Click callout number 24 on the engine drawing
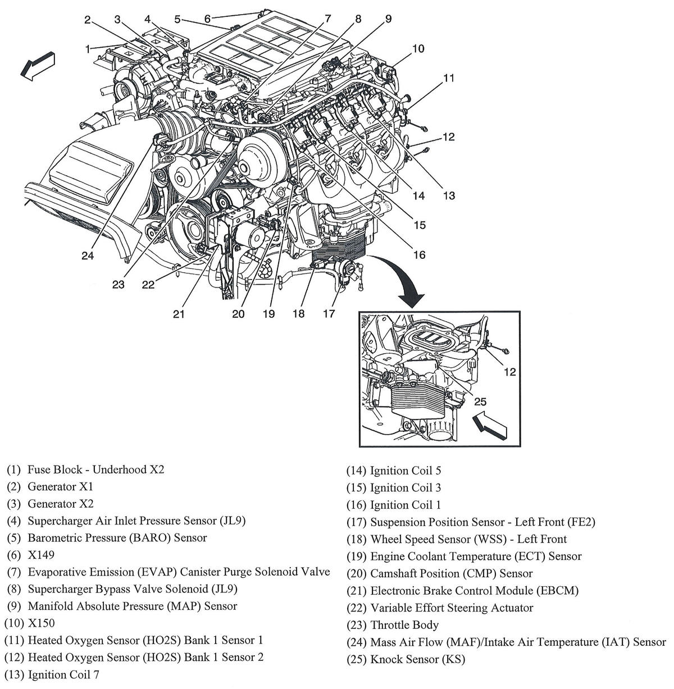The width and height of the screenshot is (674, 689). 87,256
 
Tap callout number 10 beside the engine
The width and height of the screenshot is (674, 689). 418,49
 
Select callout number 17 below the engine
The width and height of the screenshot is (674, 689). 329,313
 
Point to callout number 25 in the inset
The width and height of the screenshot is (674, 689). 481,401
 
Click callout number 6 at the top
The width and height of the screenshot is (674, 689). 207,19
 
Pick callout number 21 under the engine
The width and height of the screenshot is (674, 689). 179,314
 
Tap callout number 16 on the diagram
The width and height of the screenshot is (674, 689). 419,255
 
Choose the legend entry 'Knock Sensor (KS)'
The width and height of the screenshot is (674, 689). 417,659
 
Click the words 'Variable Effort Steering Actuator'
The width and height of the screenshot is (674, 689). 452,608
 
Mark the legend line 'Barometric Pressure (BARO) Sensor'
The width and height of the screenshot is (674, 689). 117,537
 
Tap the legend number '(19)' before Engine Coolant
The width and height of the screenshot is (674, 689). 356,556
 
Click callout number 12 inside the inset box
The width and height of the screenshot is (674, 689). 509,371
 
